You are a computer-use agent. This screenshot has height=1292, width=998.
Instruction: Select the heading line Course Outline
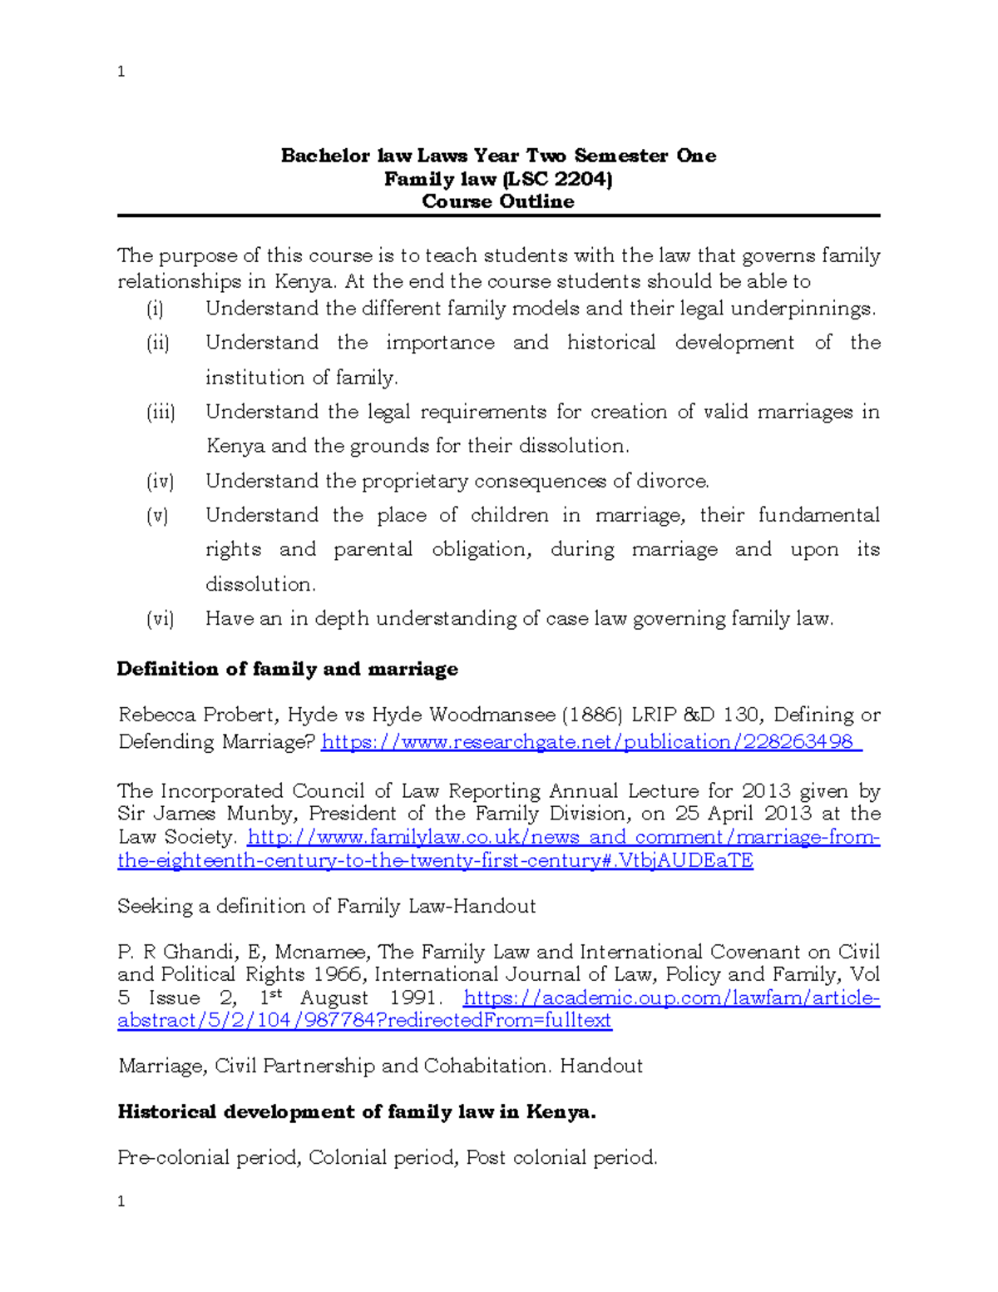497,201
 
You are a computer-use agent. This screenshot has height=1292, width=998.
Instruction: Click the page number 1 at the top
121,72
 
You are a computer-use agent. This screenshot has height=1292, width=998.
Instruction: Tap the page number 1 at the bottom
121,1200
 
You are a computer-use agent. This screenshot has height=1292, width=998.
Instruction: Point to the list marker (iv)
160,481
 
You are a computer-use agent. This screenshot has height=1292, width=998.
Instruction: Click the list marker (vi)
160,618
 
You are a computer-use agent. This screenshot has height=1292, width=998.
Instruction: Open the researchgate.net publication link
590,741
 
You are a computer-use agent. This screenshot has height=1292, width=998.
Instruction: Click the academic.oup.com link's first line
670,997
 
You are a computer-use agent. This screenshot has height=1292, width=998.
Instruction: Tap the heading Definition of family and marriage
287,669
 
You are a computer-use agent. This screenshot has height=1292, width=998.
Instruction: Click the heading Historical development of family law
356,1111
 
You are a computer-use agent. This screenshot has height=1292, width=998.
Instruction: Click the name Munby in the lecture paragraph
264,814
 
